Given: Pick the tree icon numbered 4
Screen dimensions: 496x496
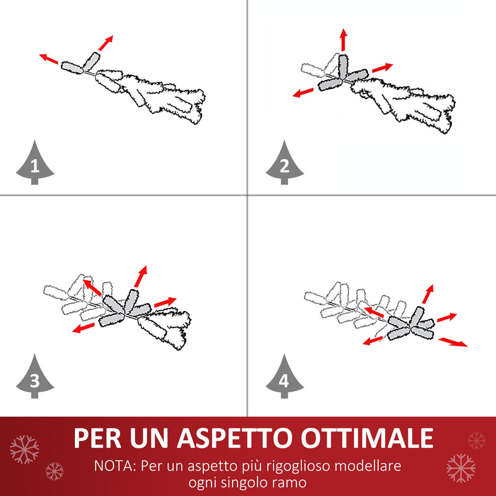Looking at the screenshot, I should [x=285, y=378].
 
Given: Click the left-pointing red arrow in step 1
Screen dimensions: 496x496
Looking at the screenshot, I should [x=49, y=59].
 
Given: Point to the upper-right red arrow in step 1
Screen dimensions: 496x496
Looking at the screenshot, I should [x=106, y=42].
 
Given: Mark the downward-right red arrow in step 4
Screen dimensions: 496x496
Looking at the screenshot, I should [x=453, y=342].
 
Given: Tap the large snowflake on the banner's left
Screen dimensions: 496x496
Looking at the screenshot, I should [x=24, y=448].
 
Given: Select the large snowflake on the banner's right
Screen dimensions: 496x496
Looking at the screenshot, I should [x=461, y=467].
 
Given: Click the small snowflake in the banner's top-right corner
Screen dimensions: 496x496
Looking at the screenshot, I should [x=476, y=441].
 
